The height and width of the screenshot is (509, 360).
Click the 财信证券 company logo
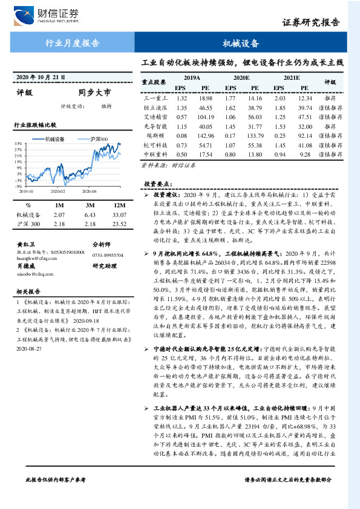coord(46,14)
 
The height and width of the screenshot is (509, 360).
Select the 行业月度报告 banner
coord(73,44)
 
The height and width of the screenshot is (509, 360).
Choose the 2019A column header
coord(191,78)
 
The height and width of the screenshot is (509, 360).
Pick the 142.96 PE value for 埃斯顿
coord(206,137)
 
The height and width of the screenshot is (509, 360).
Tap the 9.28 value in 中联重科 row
coord(305,155)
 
